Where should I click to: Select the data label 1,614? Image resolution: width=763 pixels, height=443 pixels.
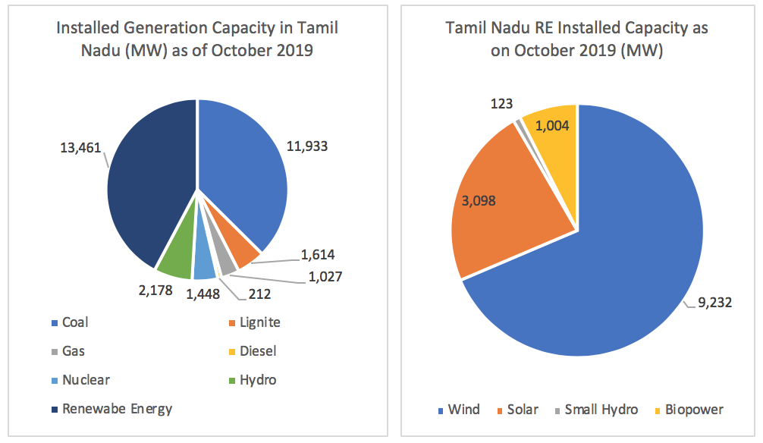click(318, 256)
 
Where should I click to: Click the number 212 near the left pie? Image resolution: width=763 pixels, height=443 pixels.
click(259, 291)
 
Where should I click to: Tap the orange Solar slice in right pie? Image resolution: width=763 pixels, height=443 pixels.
click(508, 205)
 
